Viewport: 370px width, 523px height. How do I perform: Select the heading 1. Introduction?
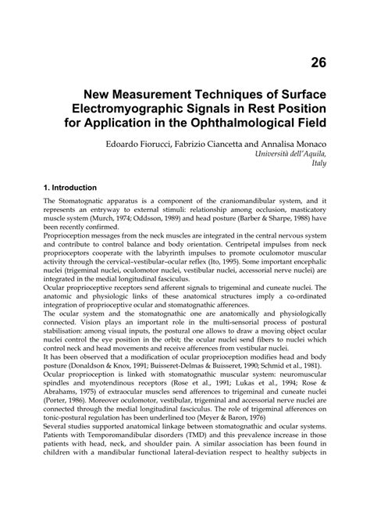pos(70,188)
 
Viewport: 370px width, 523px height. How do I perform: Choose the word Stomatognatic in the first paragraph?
pos(84,201)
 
